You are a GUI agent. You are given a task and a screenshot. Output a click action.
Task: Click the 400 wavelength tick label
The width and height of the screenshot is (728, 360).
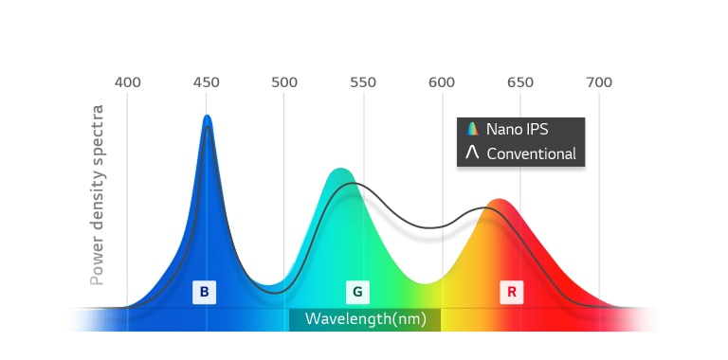[x=128, y=81]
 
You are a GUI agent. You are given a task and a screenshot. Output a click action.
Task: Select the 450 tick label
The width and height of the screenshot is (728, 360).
[x=207, y=81]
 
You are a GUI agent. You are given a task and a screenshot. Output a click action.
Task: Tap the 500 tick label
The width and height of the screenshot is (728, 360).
[x=284, y=81]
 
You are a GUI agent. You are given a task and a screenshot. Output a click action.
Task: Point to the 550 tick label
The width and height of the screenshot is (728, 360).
[x=363, y=81]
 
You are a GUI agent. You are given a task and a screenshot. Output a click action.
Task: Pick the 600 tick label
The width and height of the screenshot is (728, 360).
[x=442, y=81]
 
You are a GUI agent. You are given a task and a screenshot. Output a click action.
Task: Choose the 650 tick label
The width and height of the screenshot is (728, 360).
[x=520, y=81]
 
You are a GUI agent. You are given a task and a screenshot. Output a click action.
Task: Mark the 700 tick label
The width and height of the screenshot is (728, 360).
[x=599, y=81]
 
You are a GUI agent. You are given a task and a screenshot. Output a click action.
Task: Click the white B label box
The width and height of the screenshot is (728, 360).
[x=205, y=292]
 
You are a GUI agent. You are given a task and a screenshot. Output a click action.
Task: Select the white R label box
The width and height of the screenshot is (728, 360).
[x=512, y=292]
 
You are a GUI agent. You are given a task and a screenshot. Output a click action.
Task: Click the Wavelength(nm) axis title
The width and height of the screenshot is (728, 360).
[x=365, y=319]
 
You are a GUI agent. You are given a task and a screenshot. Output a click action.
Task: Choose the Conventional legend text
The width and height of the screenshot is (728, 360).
[x=531, y=153]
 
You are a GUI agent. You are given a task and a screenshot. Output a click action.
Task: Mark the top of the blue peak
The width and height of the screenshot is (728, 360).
[x=207, y=117]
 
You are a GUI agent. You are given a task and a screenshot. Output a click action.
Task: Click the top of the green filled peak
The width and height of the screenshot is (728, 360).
[x=338, y=171]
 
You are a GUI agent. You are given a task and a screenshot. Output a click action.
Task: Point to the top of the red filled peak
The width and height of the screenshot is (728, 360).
[x=499, y=200]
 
